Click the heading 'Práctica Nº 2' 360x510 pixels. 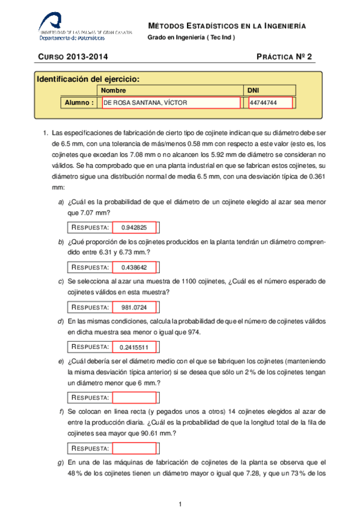pyautogui.click(x=284, y=58)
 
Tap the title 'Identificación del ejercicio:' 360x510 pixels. pyautogui.click(x=88, y=79)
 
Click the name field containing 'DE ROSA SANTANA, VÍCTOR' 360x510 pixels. pyautogui.click(x=171, y=103)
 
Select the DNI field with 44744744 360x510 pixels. pyautogui.click(x=270, y=103)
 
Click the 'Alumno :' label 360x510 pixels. pyautogui.click(x=80, y=103)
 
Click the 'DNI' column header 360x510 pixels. pyautogui.click(x=254, y=90)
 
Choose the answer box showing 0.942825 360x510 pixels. pyautogui.click(x=134, y=227)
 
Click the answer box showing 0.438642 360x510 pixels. pyautogui.click(x=134, y=267)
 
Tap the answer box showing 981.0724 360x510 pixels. pyautogui.click(x=134, y=307)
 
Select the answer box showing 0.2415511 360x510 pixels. pyautogui.click(x=134, y=347)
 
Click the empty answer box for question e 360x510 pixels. pyautogui.click(x=134, y=398)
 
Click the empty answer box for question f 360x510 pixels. pyautogui.click(x=134, y=449)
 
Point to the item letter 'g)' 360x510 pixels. pyautogui.click(x=61, y=462)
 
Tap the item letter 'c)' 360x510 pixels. pyautogui.click(x=61, y=281)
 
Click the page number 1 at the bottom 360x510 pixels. pyautogui.click(x=180, y=503)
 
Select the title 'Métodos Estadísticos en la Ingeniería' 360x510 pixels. pyautogui.click(x=227, y=26)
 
